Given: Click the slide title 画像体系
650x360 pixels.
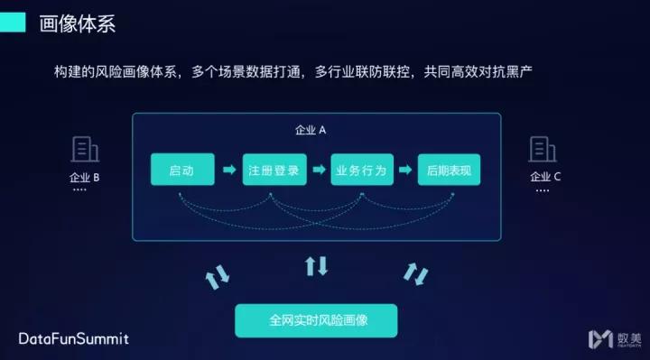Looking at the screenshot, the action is [78, 23].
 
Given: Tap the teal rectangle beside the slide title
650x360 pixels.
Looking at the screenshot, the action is [14, 23].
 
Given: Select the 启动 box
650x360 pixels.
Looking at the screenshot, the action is [182, 170].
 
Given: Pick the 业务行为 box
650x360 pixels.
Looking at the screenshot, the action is [361, 170].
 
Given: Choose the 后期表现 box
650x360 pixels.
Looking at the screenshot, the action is [449, 170].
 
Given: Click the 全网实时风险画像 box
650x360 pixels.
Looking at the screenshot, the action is [315, 320].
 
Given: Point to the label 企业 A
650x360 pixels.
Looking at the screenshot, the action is [311, 129].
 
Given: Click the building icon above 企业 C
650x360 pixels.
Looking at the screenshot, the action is [543, 148].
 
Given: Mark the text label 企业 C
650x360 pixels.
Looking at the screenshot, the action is [545, 177].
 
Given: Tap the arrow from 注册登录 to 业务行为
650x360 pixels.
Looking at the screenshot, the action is [318, 170].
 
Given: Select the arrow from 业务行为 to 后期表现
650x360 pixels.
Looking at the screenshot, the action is [405, 170].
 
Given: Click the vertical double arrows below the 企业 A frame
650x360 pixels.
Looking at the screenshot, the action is [316, 265].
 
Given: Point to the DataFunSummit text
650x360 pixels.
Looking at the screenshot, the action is [74, 339].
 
